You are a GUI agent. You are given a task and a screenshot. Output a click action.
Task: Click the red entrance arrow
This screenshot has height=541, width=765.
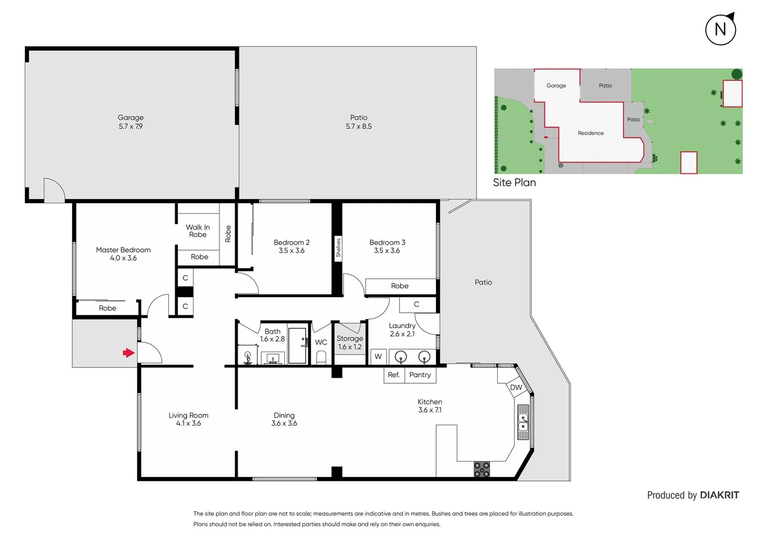point(129,353)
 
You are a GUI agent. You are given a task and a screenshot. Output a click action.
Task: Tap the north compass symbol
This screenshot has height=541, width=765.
point(720,30)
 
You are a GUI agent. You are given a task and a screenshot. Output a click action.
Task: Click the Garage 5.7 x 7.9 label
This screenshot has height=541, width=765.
point(131,122)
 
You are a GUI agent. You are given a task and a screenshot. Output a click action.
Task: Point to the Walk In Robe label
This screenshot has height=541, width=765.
point(198,231)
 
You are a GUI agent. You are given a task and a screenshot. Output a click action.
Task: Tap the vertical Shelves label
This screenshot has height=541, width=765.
point(338,248)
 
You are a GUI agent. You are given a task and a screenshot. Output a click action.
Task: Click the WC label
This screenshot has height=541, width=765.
point(321,342)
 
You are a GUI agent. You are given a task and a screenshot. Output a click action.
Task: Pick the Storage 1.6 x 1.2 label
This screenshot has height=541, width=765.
point(349,343)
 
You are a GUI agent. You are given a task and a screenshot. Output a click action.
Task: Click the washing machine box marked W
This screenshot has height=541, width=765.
point(378,357)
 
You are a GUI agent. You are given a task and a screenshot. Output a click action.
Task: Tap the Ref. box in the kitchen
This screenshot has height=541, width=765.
point(394,375)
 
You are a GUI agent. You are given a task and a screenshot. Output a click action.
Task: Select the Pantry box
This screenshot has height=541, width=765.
point(420,375)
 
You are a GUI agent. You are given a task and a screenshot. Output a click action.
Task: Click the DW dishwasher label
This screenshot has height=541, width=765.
point(516,387)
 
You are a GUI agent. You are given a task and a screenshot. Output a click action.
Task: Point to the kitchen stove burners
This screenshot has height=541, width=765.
point(482,469)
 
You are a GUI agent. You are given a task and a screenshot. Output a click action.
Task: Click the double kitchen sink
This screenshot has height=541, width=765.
point(523,422)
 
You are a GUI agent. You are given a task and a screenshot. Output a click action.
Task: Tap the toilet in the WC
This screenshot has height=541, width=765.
point(321,358)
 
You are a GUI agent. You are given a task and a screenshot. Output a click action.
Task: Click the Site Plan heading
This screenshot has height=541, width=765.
point(514,183)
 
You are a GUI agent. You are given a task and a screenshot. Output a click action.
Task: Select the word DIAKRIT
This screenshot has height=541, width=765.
point(719,495)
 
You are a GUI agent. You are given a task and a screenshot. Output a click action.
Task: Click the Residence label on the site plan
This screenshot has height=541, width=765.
point(590,133)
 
